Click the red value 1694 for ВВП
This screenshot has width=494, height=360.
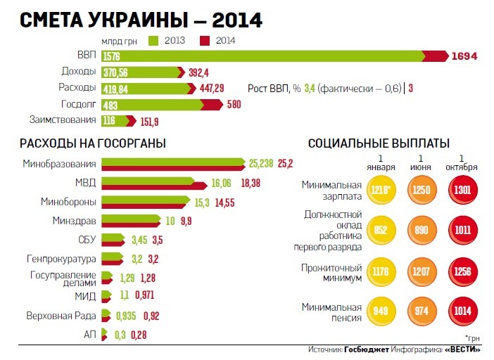464,56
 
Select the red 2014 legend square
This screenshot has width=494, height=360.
205,40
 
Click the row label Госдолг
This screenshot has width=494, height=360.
77,104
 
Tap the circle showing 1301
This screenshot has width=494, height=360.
462,191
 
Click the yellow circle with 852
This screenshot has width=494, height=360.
380,229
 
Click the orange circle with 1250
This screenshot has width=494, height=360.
421,191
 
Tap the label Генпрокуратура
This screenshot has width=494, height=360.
61,257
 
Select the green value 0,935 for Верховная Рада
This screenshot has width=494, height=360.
127,315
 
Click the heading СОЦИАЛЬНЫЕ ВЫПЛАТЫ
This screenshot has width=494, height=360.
379,143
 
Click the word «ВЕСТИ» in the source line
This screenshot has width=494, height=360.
463,349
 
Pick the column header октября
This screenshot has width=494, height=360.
462,167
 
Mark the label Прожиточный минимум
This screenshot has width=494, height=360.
332,273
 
